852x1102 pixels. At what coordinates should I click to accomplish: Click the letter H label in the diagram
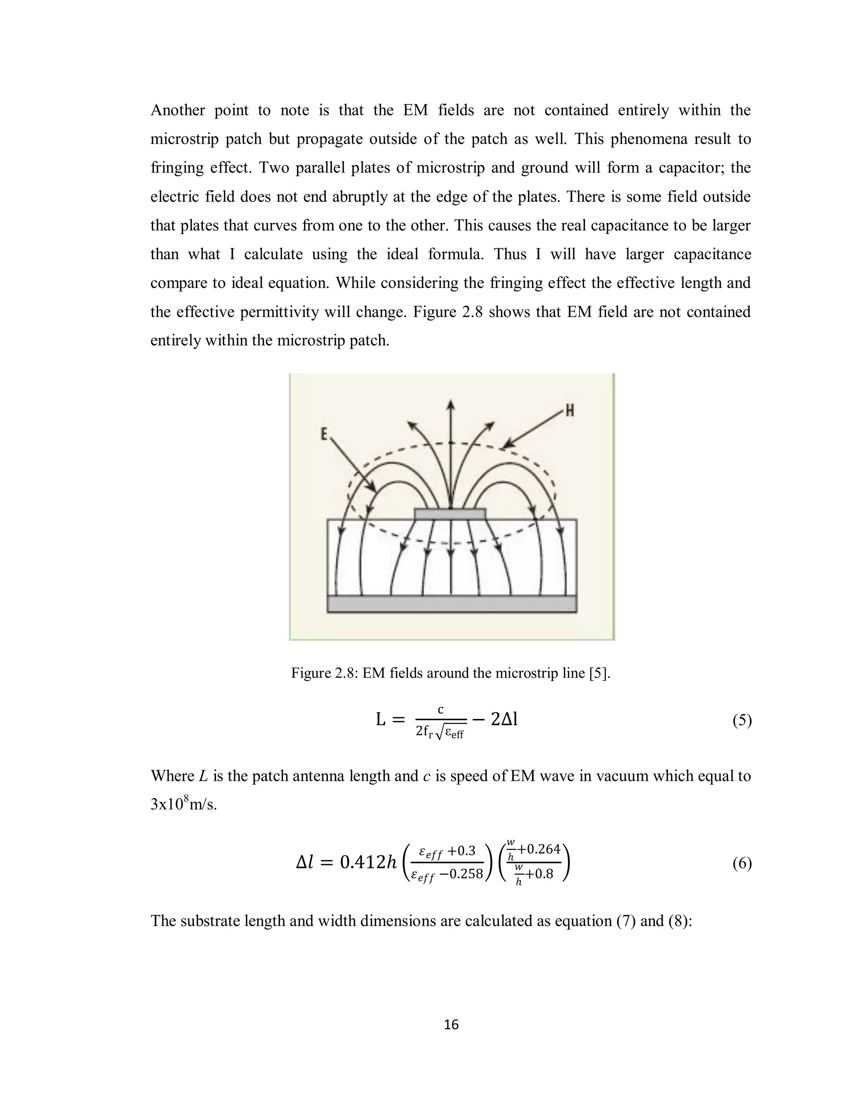click(x=570, y=411)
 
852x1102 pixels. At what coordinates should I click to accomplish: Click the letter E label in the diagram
click(x=325, y=433)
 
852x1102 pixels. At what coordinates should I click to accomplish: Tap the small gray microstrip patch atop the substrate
click(x=450, y=514)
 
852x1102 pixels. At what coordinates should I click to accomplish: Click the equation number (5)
click(x=741, y=721)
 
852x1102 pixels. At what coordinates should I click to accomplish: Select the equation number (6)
click(x=741, y=863)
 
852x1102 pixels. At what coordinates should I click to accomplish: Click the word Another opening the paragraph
click(x=178, y=110)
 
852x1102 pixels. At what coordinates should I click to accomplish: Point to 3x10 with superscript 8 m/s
click(x=183, y=804)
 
